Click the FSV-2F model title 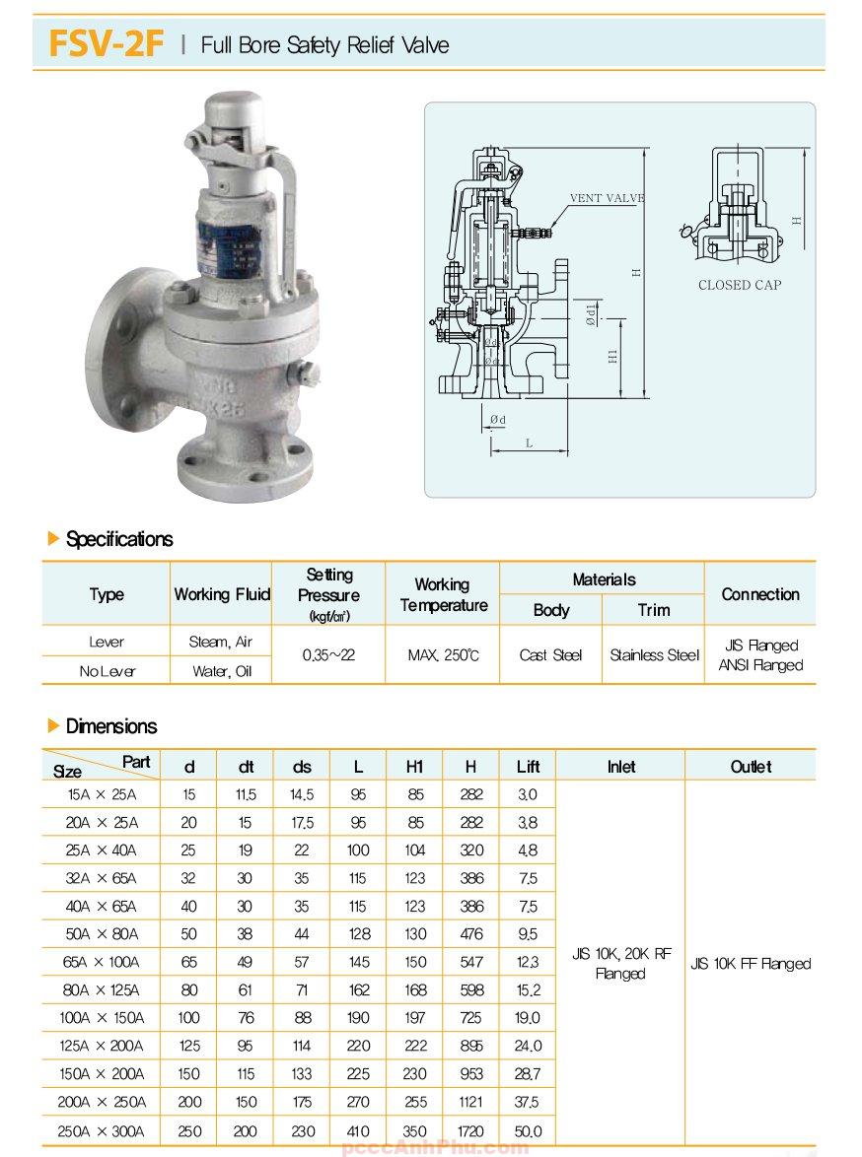(105, 44)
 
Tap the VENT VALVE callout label (607, 198)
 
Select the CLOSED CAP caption (739, 285)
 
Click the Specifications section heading (118, 539)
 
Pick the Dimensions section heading (110, 726)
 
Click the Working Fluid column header (222, 593)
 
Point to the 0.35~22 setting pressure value (329, 654)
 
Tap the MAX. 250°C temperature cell (443, 654)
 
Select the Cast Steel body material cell (550, 654)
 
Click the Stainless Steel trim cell (654, 654)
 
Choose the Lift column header (528, 766)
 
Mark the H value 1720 (470, 1130)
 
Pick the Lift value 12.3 (528, 962)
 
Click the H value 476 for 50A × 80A (470, 933)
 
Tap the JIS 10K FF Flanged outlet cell (751, 963)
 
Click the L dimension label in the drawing (529, 443)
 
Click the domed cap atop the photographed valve (234, 110)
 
